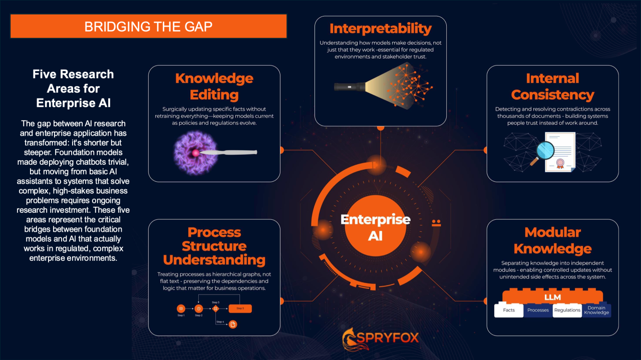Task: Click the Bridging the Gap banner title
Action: (148, 27)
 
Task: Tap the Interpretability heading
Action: (380, 28)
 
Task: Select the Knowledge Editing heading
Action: (214, 86)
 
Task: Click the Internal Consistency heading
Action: (552, 86)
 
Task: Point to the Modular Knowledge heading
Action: (552, 240)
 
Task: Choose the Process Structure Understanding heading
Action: (214, 246)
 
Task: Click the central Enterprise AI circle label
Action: (375, 227)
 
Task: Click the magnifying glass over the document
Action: (544, 151)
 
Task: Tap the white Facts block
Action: (509, 310)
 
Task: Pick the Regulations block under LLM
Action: (567, 310)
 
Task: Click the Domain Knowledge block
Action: (596, 310)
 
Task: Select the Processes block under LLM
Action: (538, 310)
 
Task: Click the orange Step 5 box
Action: (240, 308)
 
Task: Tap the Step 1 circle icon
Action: (181, 308)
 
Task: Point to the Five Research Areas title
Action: (73, 89)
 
